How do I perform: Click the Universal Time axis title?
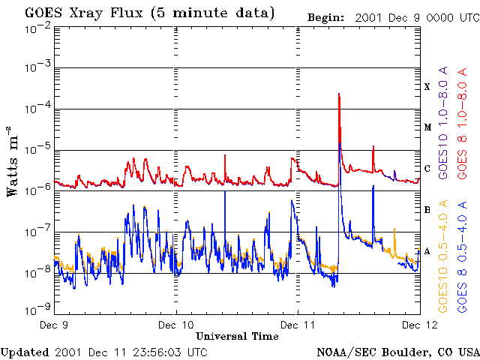click(237, 336)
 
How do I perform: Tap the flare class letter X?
click(427, 86)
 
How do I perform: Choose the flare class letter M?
click(427, 127)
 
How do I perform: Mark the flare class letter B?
click(427, 210)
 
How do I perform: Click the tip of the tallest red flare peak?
click(340, 94)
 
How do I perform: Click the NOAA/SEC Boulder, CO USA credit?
click(397, 351)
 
